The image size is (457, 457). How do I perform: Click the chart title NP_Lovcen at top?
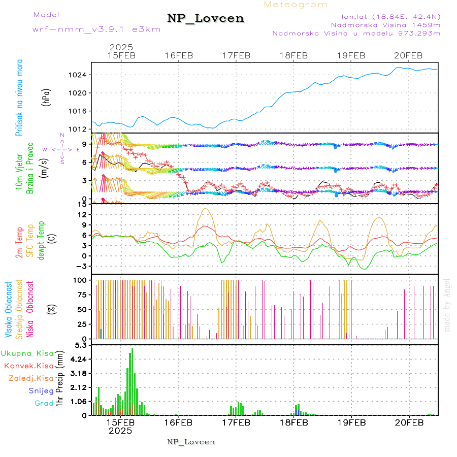click(x=206, y=19)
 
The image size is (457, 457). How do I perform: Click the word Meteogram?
click(x=296, y=5)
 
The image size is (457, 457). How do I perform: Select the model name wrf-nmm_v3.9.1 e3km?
click(x=96, y=29)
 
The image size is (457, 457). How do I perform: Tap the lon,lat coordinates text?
click(x=390, y=15)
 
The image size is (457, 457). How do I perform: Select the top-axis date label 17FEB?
click(x=236, y=55)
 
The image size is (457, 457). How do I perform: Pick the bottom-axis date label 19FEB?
click(x=351, y=422)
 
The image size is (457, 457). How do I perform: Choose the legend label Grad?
click(x=44, y=403)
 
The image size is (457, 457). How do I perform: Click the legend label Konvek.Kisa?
click(x=28, y=366)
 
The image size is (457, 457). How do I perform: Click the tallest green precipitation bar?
click(x=132, y=381)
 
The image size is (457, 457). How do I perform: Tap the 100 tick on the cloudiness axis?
click(x=81, y=280)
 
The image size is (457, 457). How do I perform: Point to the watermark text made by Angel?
click(x=447, y=305)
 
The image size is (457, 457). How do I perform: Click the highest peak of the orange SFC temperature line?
click(x=206, y=209)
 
